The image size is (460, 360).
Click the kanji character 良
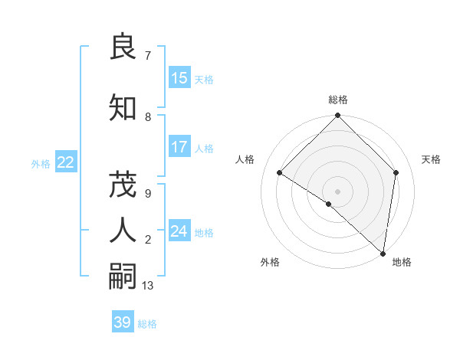[123, 47]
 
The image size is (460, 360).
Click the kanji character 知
[123, 108]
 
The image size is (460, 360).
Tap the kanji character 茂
[123, 185]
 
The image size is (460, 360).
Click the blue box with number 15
[179, 78]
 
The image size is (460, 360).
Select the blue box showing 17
[179, 147]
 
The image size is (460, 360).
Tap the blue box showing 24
[179, 231]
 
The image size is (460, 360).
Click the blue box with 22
[65, 162]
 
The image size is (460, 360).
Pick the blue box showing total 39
[123, 322]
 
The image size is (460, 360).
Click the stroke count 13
[148, 286]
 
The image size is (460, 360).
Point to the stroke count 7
[147, 56]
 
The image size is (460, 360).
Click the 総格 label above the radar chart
[338, 100]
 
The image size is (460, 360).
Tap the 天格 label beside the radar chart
[431, 159]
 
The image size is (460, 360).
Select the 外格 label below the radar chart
[270, 262]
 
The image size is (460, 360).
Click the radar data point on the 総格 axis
[337, 116]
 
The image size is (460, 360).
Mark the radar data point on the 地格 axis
[383, 253]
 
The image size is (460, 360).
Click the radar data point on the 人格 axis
[280, 173]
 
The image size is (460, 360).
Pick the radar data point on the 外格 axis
[328, 204]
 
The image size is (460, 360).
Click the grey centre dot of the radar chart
[337, 191]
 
